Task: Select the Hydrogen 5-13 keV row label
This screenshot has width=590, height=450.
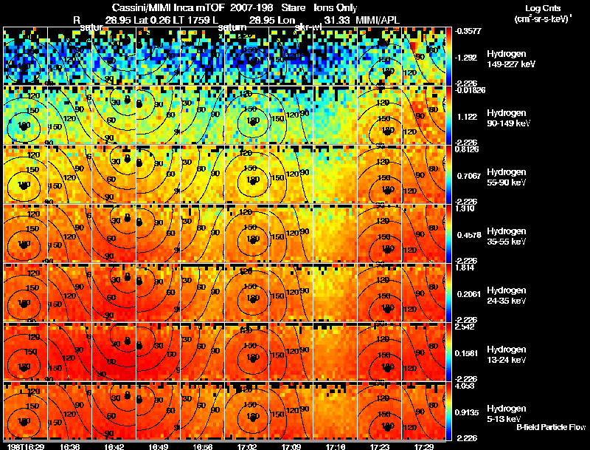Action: [506, 413]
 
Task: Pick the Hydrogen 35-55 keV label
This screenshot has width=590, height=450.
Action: [506, 236]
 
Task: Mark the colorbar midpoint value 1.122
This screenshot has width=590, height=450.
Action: [469, 117]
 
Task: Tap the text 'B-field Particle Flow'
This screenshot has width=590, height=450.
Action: [551, 427]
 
